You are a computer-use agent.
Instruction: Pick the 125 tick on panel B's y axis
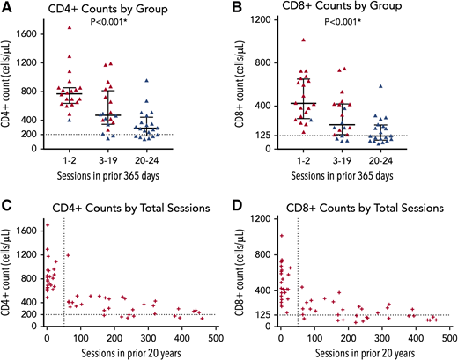(262, 136)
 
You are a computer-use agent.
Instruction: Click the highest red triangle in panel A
(70, 27)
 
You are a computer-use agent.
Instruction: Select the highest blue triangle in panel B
(405, 86)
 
